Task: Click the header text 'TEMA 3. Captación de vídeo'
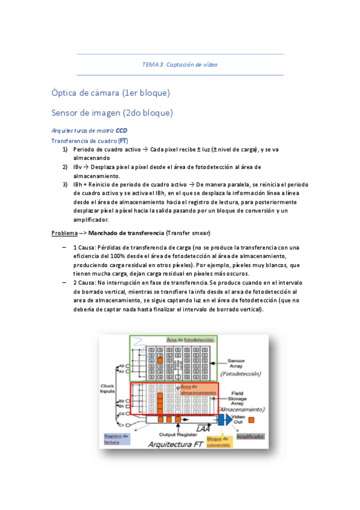click(x=180, y=64)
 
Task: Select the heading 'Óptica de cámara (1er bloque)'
click(x=111, y=93)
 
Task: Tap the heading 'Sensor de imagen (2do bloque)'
click(x=112, y=112)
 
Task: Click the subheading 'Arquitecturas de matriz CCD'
click(x=90, y=131)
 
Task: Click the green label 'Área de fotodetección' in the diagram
click(x=191, y=340)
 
